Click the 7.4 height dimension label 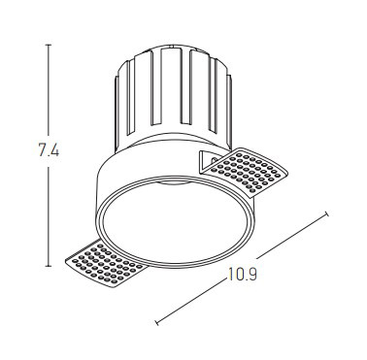point(49,150)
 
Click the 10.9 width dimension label point(243,274)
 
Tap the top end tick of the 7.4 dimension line point(49,45)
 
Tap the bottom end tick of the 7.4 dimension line point(49,266)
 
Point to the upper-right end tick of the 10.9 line point(326,213)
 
